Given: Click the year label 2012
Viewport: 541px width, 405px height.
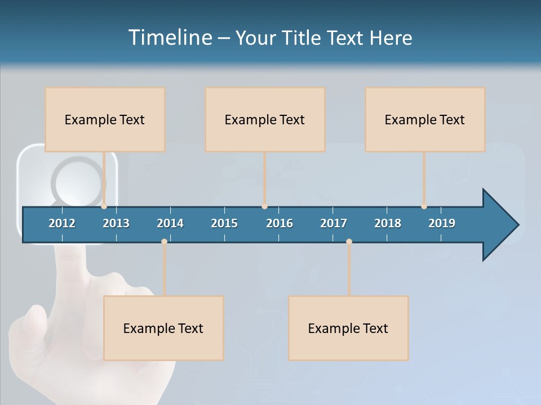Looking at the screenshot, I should [62, 223].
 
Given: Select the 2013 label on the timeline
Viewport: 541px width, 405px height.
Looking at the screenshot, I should [116, 223].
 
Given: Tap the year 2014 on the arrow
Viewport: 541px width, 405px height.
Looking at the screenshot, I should [170, 223].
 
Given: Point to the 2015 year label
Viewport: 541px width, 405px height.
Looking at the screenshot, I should [224, 223].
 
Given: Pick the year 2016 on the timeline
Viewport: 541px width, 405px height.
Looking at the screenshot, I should [280, 223].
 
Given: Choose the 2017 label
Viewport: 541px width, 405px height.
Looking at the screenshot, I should [334, 223].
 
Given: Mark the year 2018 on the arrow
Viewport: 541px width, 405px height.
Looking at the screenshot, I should [388, 223].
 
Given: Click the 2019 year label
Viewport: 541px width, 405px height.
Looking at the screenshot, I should [442, 223].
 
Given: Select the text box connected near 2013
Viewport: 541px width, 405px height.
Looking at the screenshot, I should [105, 119].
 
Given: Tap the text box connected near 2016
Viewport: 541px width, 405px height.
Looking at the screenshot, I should [265, 119].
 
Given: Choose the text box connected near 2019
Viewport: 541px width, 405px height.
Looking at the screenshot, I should [425, 119].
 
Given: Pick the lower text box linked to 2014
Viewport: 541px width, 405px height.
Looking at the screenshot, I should [163, 328].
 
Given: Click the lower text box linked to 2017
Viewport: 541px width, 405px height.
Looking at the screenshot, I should [348, 328].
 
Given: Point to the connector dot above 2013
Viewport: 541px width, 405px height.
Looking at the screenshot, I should [104, 206].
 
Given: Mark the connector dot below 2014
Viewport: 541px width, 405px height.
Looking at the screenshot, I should [164, 242].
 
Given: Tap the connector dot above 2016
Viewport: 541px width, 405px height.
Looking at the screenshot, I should [264, 206].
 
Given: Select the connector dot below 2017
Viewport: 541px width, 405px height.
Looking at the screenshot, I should [349, 242].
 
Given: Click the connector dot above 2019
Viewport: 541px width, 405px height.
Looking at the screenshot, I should [424, 206].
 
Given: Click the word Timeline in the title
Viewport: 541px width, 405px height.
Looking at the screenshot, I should [169, 38].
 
